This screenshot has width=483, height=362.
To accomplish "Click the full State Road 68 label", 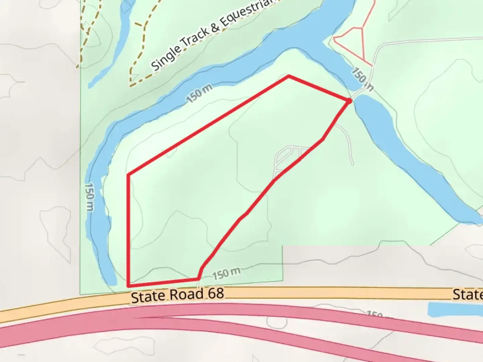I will [177, 295].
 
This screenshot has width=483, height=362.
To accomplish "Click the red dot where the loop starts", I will [349, 101].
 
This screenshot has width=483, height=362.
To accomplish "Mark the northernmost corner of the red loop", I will [289, 77].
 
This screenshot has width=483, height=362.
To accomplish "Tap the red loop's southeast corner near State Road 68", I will [199, 278].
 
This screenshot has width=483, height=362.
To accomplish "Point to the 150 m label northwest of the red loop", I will [199, 94].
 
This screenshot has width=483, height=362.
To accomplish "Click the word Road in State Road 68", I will [186, 295].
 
